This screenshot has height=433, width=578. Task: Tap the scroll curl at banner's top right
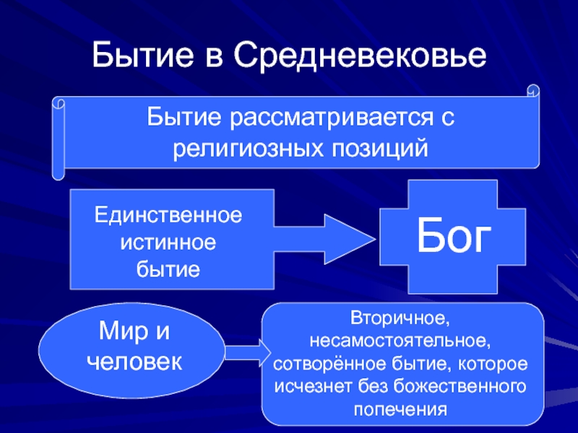pyautogui.click(x=533, y=92)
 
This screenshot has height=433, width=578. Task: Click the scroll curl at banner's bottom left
pyautogui.click(x=58, y=172)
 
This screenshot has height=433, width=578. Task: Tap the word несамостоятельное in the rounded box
pyautogui.click(x=402, y=340)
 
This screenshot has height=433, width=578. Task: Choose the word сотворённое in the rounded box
pyautogui.click(x=323, y=363)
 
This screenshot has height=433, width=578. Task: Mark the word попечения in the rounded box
pyautogui.click(x=402, y=408)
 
